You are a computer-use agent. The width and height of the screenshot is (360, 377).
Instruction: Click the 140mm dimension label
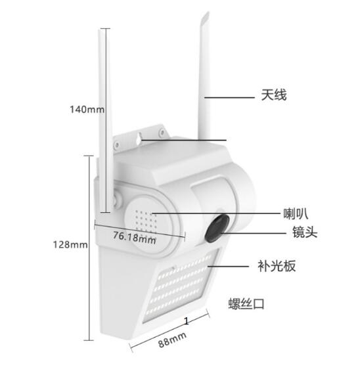[x=87, y=110]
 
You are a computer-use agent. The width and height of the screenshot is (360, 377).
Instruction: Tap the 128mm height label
[x=70, y=245]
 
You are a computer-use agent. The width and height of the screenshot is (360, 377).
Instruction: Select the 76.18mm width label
[x=135, y=238]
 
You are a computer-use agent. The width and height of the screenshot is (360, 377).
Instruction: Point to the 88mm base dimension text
[x=172, y=340]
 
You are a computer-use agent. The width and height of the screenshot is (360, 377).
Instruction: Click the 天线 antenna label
[x=274, y=95]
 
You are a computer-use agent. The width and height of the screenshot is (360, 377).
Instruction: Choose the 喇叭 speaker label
[x=296, y=213]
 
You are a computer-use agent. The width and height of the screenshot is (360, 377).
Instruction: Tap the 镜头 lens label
[x=305, y=233]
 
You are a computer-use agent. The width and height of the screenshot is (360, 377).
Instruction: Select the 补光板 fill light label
[x=277, y=266]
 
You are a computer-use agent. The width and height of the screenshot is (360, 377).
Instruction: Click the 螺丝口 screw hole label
[x=246, y=303]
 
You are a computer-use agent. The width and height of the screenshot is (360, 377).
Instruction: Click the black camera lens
[x=217, y=228]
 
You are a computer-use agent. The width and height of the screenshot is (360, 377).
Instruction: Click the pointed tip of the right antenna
[x=208, y=12]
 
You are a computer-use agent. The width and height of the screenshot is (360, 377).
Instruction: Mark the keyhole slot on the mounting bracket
[x=139, y=140]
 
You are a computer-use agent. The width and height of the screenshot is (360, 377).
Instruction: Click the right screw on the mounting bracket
[x=162, y=131]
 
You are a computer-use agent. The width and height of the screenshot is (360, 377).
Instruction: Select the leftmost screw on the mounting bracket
[x=117, y=144]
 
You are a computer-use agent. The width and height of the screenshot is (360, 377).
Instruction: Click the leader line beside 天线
[x=229, y=97]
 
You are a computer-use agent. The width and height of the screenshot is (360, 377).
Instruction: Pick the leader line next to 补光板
[x=228, y=266]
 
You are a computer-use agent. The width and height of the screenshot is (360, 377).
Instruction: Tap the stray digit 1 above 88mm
[x=186, y=321]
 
